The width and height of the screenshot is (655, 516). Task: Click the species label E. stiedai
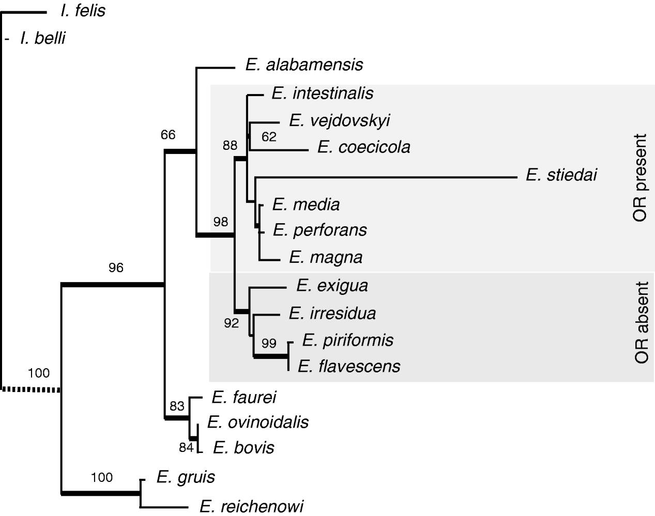pos(561,175)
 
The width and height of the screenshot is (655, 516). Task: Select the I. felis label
pos(83,11)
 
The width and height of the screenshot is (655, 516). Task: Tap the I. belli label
pos(42,38)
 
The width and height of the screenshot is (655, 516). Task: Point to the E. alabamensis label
pos(304,65)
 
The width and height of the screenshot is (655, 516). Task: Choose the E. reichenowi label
pos(251,506)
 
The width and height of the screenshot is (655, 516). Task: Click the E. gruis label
pos(186,477)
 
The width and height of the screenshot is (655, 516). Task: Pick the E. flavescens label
pos(349,366)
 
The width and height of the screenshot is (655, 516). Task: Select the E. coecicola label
pos(363,147)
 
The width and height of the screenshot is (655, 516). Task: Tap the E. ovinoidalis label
pos(257,422)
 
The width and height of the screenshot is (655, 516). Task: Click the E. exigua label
pos(332,285)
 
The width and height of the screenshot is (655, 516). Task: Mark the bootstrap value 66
pos(168,135)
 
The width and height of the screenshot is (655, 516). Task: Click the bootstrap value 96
pos(116,268)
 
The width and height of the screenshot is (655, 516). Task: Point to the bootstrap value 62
pos(269,137)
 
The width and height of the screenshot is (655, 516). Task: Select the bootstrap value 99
pos(269,343)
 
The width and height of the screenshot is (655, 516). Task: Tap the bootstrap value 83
pos(177,406)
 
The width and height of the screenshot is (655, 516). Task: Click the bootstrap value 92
pos(232,323)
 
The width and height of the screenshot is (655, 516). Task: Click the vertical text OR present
pos(639,178)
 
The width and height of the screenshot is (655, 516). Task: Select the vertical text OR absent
pos(641,323)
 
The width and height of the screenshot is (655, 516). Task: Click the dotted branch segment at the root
pos(31,389)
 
